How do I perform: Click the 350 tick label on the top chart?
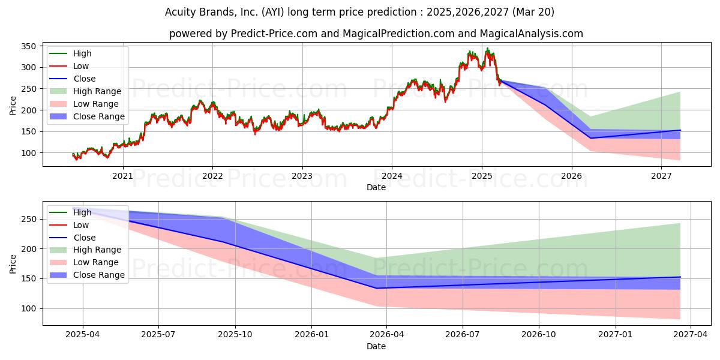click(28, 46)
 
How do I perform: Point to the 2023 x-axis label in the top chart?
click(302, 176)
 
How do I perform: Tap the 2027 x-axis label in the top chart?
click(661, 176)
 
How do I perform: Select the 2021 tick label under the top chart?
click(122, 176)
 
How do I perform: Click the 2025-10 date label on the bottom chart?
click(235, 335)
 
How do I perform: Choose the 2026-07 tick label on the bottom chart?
click(462, 335)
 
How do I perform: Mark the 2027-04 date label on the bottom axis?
click(691, 335)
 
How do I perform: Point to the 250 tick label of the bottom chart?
click(28, 219)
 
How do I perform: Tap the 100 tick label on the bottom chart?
click(28, 308)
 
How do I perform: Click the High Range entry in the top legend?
click(97, 91)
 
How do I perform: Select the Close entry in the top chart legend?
click(85, 79)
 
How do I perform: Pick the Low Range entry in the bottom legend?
click(96, 262)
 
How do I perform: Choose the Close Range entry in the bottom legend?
click(99, 275)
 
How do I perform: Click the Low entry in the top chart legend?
click(81, 66)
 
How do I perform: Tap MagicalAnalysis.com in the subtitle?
click(532, 34)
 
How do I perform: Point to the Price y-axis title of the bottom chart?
click(13, 264)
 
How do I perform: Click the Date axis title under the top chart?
click(376, 187)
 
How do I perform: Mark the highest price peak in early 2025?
click(487, 48)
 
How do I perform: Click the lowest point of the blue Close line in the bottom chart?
click(377, 289)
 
